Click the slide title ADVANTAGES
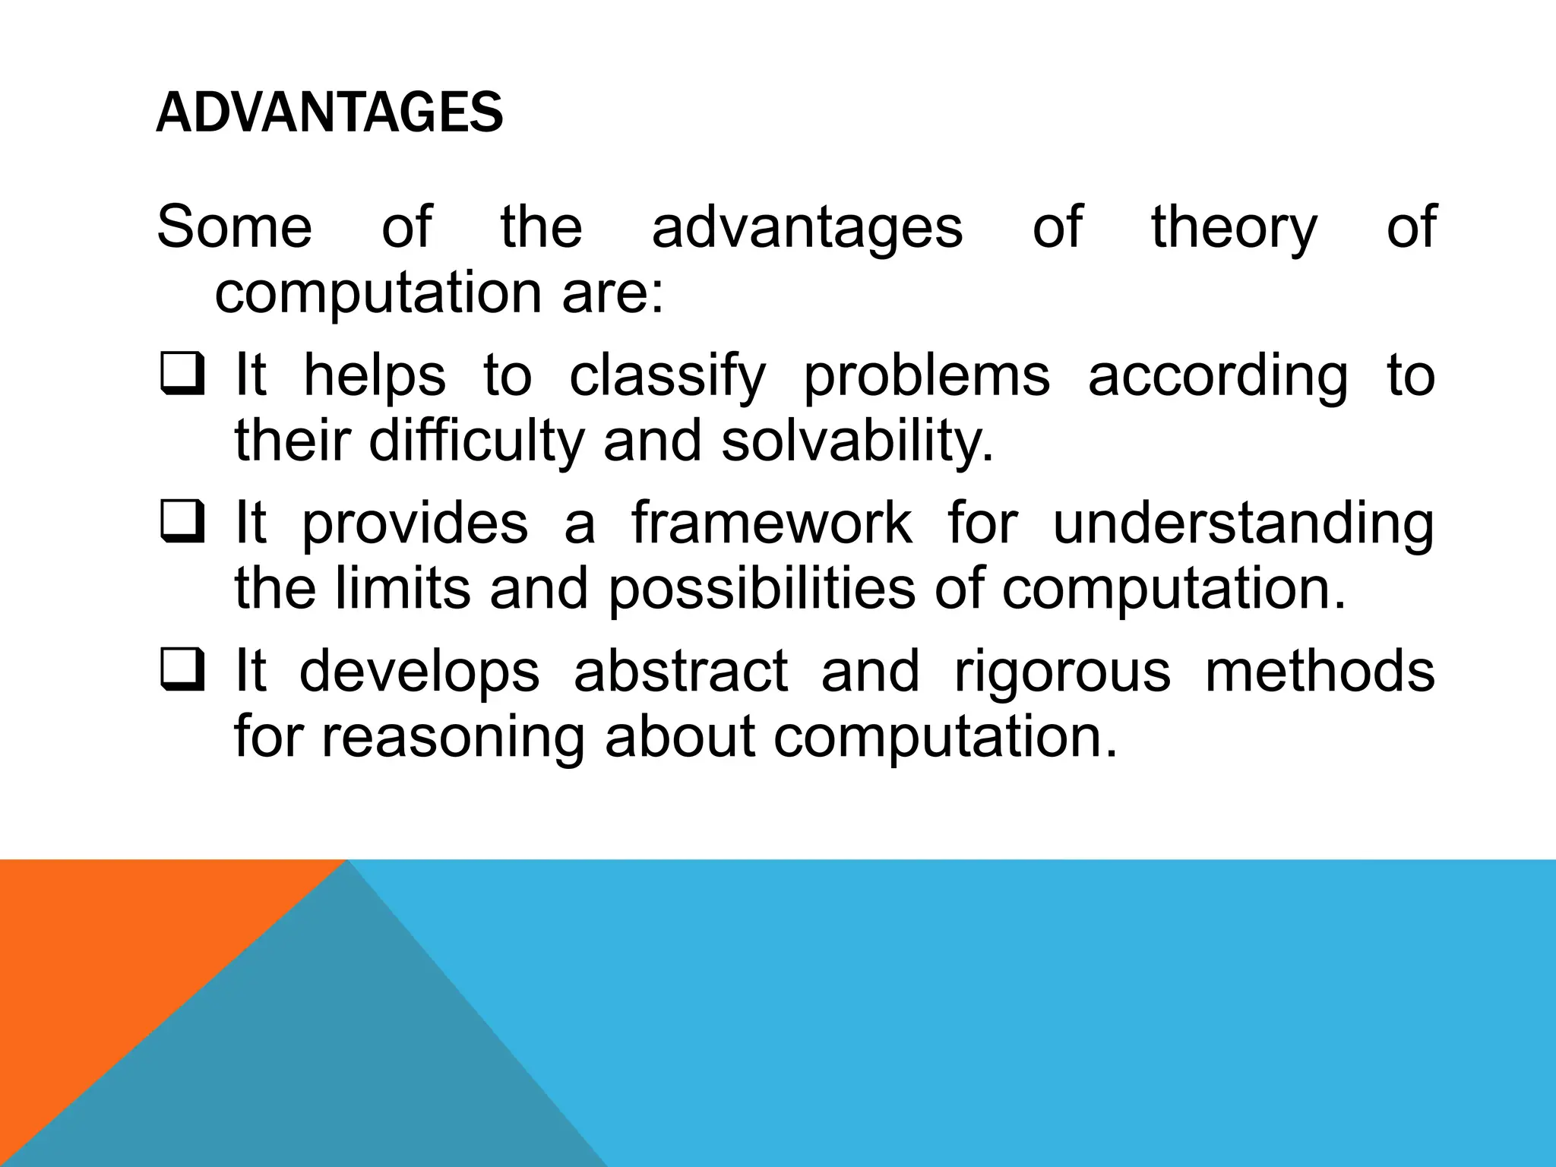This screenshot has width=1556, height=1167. [x=329, y=112]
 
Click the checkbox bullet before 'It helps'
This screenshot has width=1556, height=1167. [x=182, y=376]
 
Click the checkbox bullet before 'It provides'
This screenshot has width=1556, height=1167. [x=182, y=524]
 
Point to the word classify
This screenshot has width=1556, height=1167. [x=667, y=376]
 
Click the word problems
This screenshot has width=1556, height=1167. [x=926, y=376]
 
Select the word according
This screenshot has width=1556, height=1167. [x=1217, y=376]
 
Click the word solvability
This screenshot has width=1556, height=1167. [x=857, y=441]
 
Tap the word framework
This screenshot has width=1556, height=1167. [x=771, y=524]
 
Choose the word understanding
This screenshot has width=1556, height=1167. [x=1243, y=524]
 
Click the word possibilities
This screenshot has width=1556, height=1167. [x=761, y=589]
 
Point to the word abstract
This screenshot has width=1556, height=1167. [x=681, y=672]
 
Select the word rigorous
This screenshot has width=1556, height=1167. [x=1061, y=672]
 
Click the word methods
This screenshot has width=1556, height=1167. [x=1319, y=672]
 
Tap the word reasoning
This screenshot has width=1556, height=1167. [x=453, y=737]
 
